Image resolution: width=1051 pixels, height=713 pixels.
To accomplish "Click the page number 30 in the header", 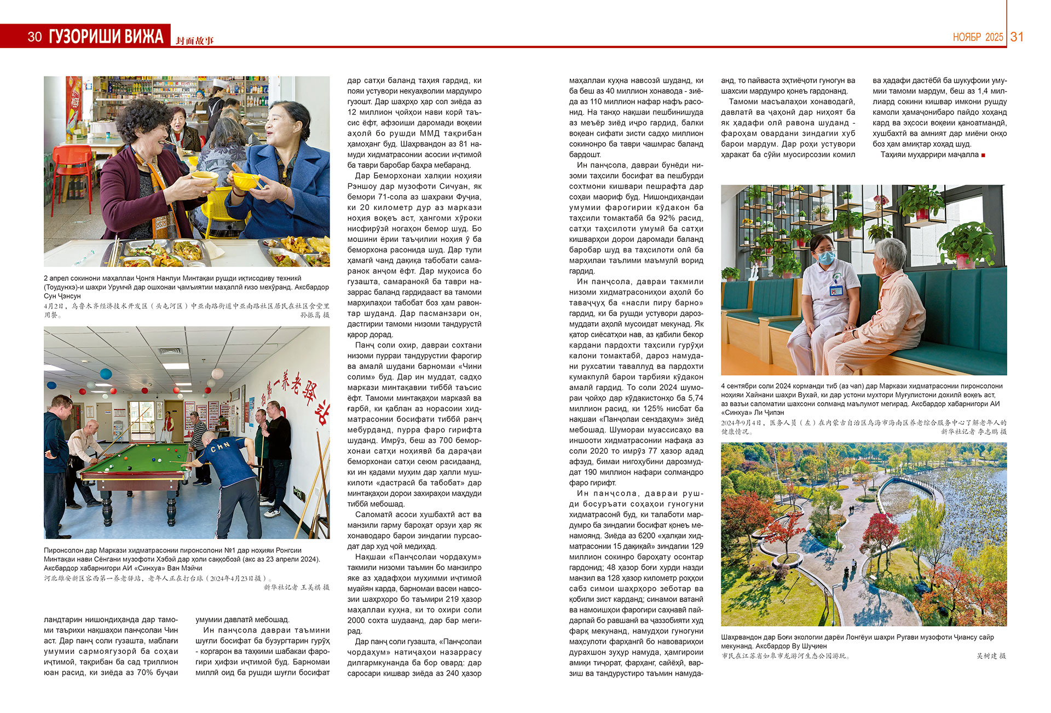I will click(x=34, y=37).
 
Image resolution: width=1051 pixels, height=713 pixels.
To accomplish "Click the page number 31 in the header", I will click(x=1017, y=37).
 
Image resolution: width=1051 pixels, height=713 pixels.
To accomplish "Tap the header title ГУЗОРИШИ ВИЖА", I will click(x=106, y=37).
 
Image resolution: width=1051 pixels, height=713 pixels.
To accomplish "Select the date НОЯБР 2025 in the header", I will click(x=978, y=37).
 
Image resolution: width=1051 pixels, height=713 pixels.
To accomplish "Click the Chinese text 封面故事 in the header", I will click(x=194, y=40).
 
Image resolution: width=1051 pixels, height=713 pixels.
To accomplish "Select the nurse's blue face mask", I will click(x=826, y=256).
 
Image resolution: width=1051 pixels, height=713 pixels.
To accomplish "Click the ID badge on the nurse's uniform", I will click(x=835, y=290).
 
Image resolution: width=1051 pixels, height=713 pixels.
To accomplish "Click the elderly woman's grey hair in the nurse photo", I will click(x=890, y=252).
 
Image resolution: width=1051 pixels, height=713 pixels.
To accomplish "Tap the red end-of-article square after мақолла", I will click(x=983, y=155).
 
